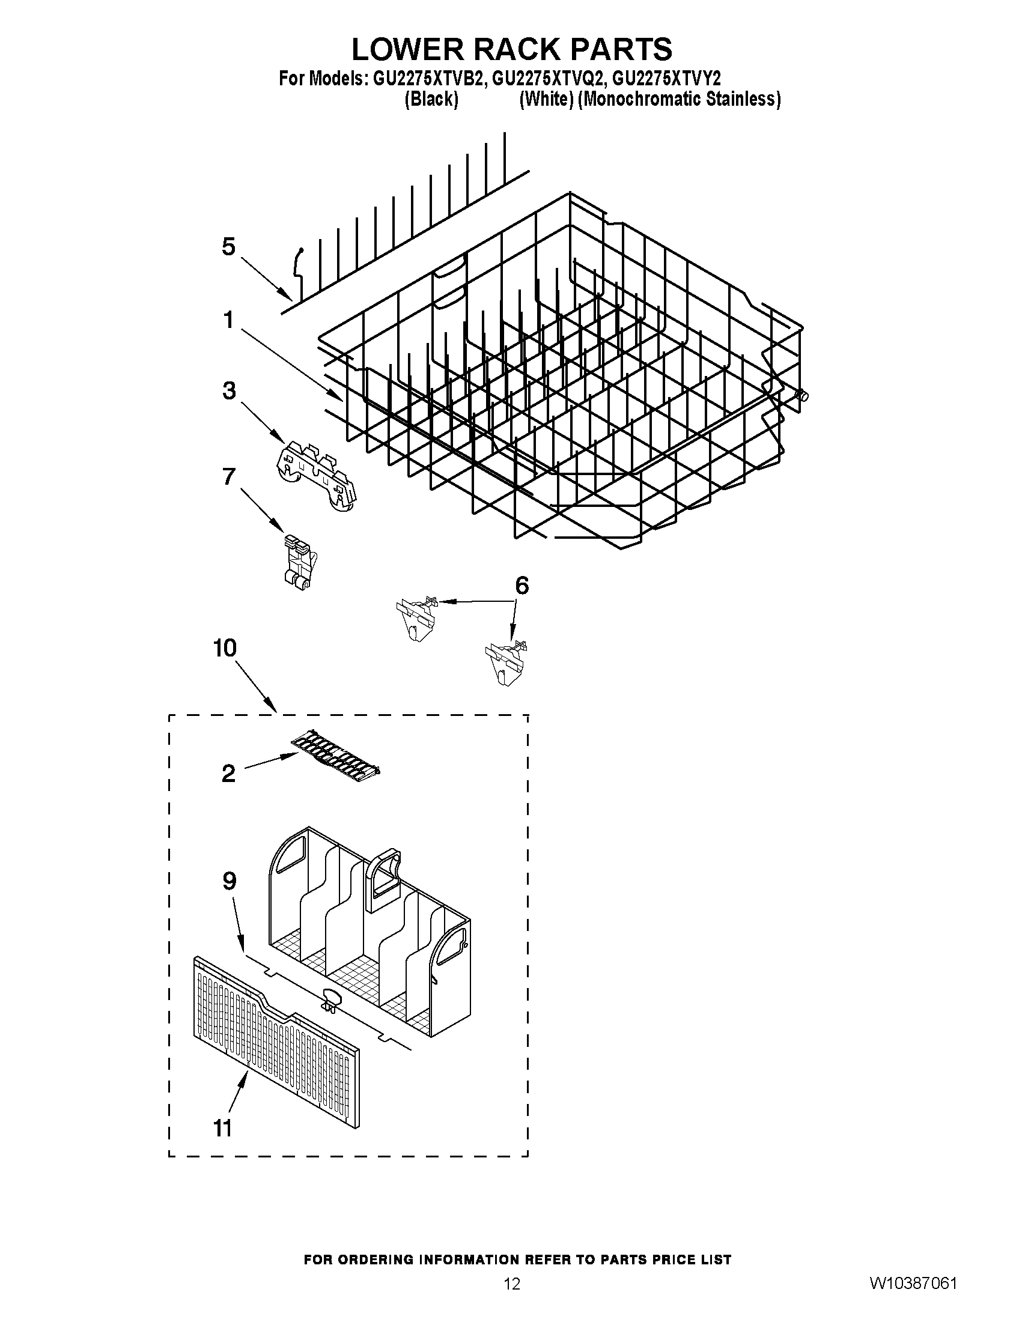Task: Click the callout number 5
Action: click(228, 247)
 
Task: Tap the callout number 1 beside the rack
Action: click(228, 320)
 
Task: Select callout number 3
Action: click(229, 391)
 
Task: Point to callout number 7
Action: click(228, 476)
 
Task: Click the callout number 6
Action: click(522, 586)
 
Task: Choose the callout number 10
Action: click(224, 648)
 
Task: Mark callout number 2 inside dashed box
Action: click(228, 773)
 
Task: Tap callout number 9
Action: click(229, 881)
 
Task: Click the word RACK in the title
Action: click(518, 49)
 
